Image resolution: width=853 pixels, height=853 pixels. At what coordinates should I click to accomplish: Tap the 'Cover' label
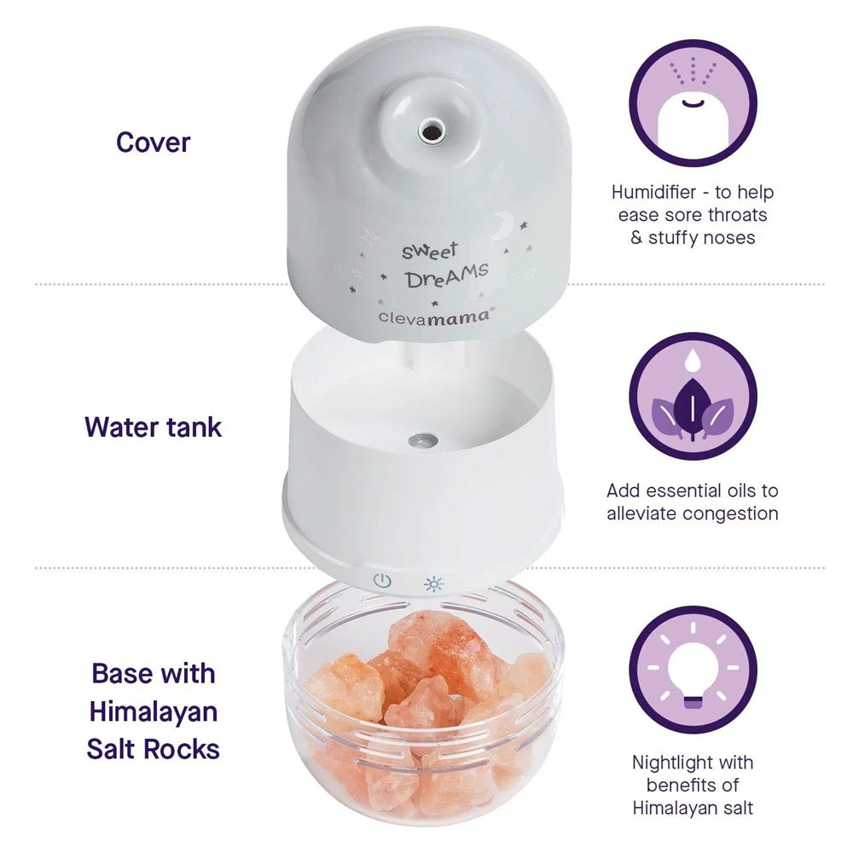coord(154,142)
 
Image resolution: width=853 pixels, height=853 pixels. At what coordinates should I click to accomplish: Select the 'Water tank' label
coord(154,426)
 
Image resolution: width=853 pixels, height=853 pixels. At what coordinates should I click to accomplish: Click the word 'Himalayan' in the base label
coord(154,711)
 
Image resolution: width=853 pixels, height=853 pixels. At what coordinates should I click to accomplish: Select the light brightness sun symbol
coord(434,584)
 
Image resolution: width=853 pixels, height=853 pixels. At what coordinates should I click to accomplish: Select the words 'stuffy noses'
coord(702,238)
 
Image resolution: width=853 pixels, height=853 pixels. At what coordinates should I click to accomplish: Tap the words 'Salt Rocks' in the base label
coord(154,749)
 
